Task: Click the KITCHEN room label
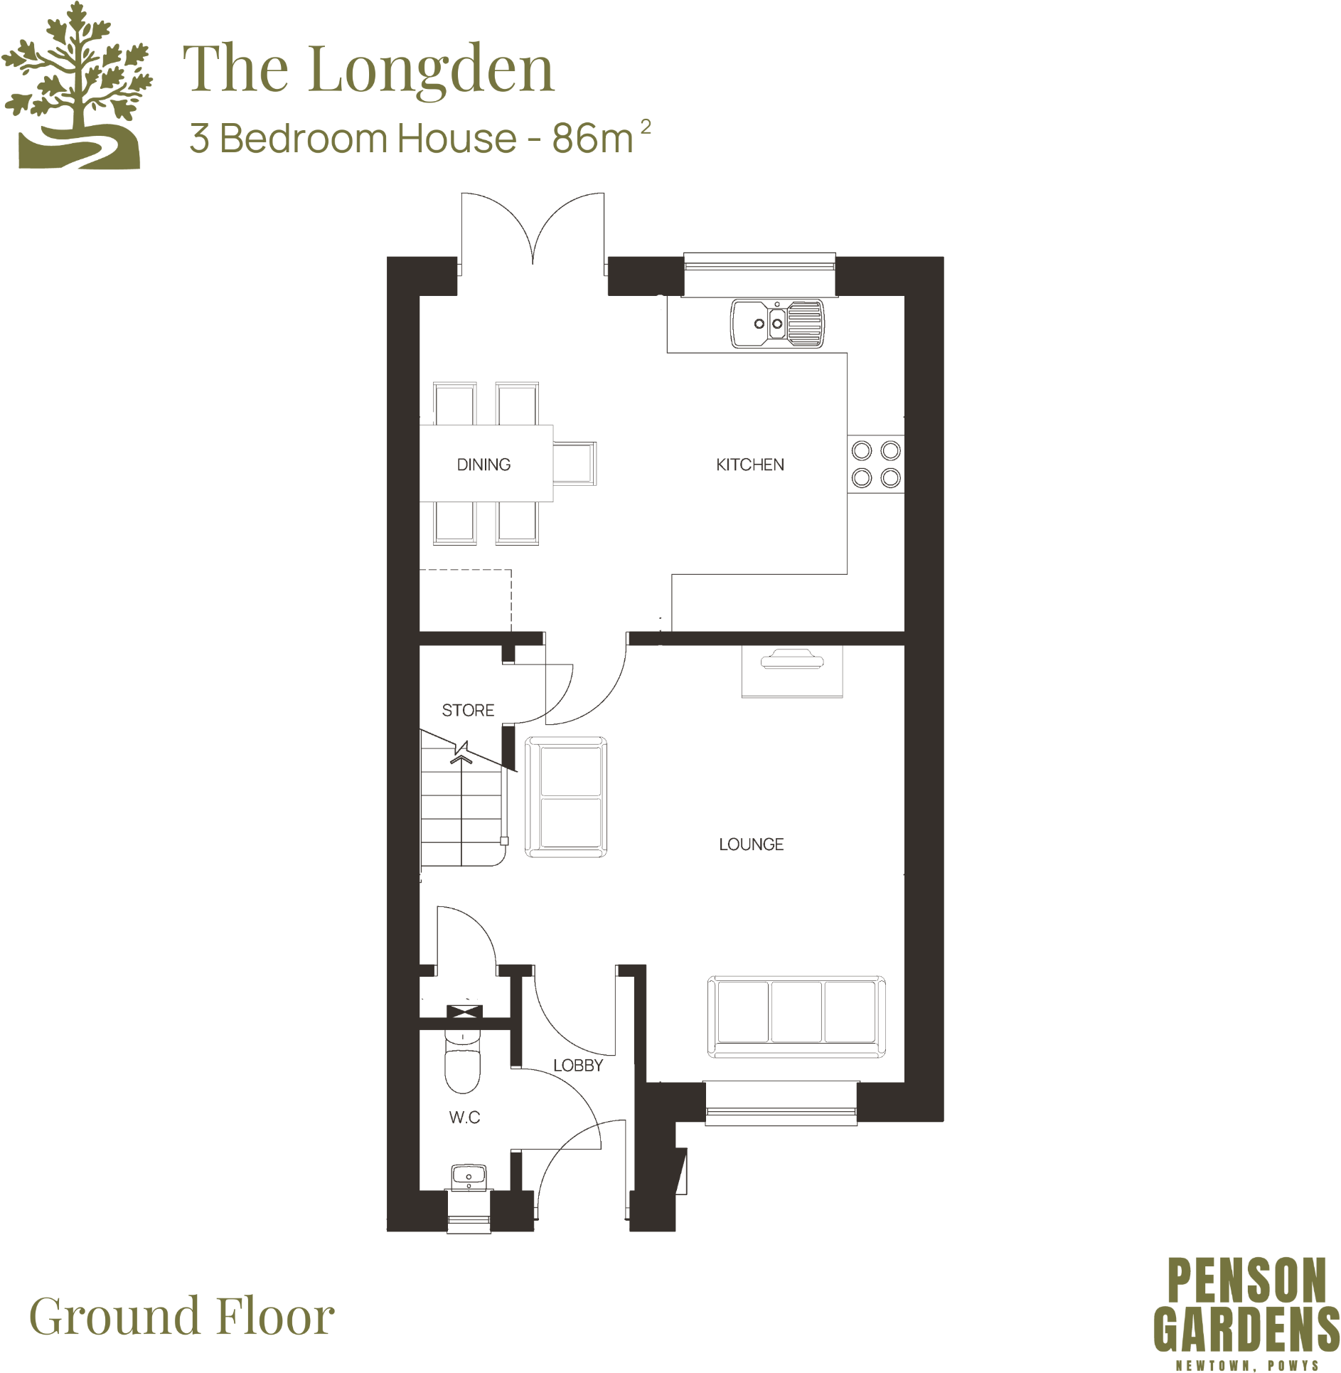749,465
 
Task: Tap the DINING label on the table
483,465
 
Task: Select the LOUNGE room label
751,844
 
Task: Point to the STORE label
468,710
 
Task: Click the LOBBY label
577,1065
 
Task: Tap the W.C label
464,1117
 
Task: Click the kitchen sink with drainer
777,323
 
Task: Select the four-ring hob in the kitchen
875,464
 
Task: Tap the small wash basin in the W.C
469,1176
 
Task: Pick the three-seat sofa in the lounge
796,1016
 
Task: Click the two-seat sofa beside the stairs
566,797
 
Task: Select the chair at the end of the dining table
575,463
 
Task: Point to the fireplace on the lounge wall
791,671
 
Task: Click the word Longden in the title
431,69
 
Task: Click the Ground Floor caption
182,1316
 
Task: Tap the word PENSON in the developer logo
1246,1280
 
